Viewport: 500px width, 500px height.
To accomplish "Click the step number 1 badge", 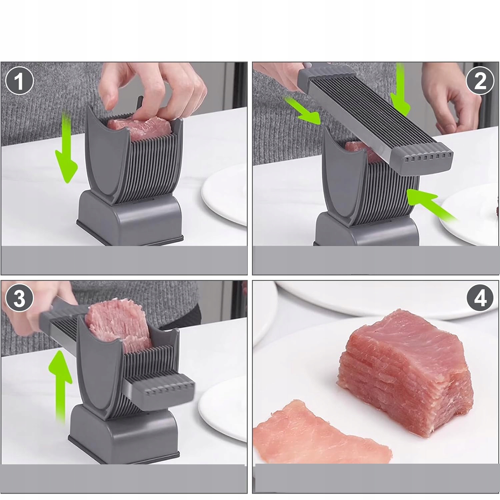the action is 20,81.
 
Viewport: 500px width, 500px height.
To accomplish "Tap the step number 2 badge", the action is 480,80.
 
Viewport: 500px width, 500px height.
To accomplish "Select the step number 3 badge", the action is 20,298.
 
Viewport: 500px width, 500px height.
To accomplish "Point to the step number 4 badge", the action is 480,298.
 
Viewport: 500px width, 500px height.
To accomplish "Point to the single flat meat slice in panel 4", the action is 322,433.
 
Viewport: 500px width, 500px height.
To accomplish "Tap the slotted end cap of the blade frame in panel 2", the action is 422,158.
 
